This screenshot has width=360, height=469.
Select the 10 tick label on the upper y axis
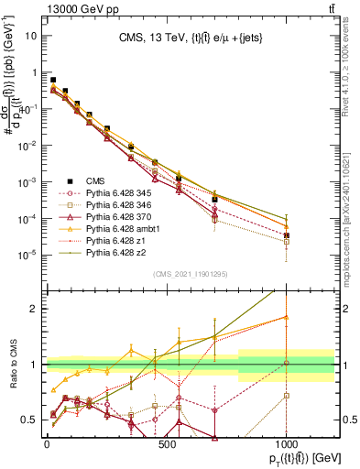pos(32,37)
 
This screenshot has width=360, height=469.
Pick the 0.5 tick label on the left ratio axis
pos(28,420)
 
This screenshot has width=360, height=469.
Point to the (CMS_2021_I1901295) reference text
pos(191,273)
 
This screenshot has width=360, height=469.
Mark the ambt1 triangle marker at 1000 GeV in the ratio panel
pos(287,317)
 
